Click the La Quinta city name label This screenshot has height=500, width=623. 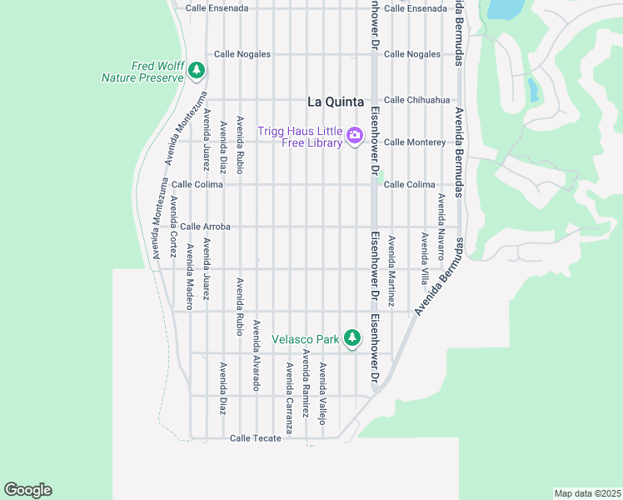336,102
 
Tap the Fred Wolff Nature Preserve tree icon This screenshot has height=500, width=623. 197,71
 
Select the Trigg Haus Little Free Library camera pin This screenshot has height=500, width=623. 354,135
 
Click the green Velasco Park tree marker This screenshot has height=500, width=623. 352,337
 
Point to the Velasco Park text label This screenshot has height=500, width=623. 306,339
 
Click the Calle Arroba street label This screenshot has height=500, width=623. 205,227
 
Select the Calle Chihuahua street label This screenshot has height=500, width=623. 416,100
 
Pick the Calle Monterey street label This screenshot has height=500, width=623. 415,142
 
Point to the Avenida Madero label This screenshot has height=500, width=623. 190,277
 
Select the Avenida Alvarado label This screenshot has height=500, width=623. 256,355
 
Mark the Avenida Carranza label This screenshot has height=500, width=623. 289,397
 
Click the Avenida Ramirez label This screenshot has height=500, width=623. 306,383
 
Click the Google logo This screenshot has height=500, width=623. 27,490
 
